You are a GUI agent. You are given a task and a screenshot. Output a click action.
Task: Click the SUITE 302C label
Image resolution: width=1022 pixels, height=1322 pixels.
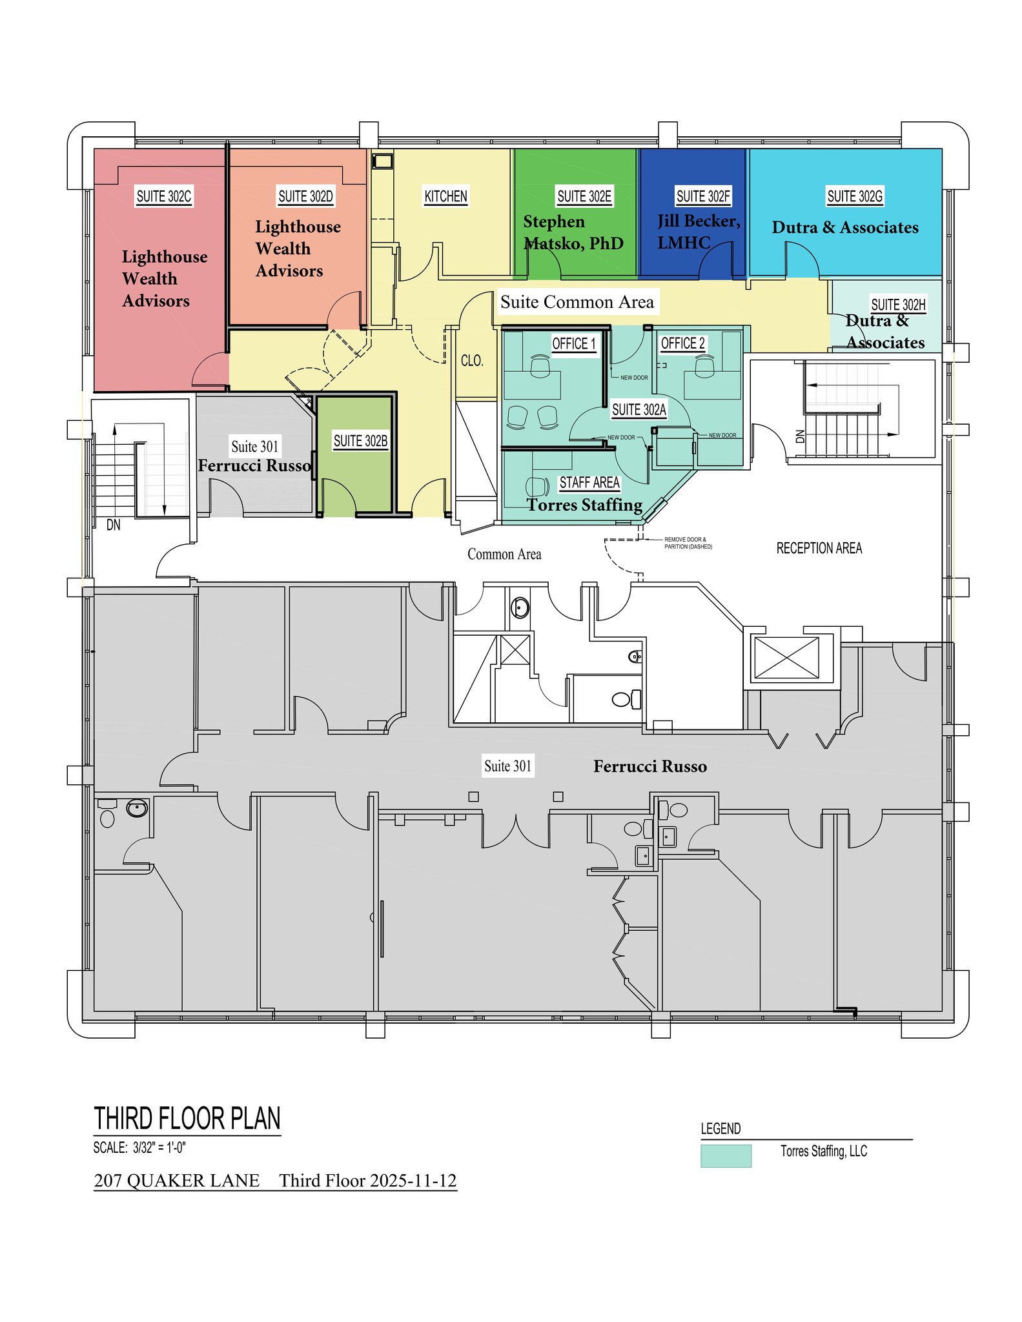[x=164, y=196]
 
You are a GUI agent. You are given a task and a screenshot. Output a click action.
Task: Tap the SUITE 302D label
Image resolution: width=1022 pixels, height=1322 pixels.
[x=305, y=196]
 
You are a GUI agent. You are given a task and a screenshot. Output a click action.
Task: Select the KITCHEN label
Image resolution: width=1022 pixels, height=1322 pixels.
[x=445, y=196]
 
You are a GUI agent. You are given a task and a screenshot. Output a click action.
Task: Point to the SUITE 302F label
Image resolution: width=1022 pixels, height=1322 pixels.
[x=703, y=196]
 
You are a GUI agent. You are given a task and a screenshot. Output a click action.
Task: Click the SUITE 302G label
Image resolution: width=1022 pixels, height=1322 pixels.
[x=855, y=196]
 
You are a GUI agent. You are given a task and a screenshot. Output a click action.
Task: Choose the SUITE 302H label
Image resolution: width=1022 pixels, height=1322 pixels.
[x=898, y=305]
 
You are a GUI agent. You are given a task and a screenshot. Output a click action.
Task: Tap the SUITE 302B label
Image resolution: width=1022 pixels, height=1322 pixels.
[x=360, y=441]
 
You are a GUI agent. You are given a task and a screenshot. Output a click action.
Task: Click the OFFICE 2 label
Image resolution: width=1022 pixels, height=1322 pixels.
[x=683, y=343]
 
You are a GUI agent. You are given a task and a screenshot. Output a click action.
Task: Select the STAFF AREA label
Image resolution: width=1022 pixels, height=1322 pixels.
[x=589, y=483]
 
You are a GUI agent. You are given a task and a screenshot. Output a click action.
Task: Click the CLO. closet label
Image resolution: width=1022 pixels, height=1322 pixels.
[x=472, y=361]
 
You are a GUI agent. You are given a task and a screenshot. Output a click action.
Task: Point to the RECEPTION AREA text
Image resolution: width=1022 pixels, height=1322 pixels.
[x=819, y=548]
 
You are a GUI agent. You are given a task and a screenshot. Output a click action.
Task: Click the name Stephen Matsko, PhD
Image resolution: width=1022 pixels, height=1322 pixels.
[x=573, y=232]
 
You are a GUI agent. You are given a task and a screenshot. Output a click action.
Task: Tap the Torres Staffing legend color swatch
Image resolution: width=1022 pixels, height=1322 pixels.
[x=726, y=1155]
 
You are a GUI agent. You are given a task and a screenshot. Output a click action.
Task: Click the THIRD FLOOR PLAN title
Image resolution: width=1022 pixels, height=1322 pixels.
[x=187, y=1119]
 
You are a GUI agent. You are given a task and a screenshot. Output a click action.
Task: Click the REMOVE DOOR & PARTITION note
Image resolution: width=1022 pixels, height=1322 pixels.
[x=688, y=543]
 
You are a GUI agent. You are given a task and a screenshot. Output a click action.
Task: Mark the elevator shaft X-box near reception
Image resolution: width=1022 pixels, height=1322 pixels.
[x=786, y=658]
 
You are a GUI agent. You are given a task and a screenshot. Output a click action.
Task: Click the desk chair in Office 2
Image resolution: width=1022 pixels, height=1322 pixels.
[x=704, y=366]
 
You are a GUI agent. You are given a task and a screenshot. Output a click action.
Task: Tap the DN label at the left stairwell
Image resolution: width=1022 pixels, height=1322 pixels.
[x=113, y=525]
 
